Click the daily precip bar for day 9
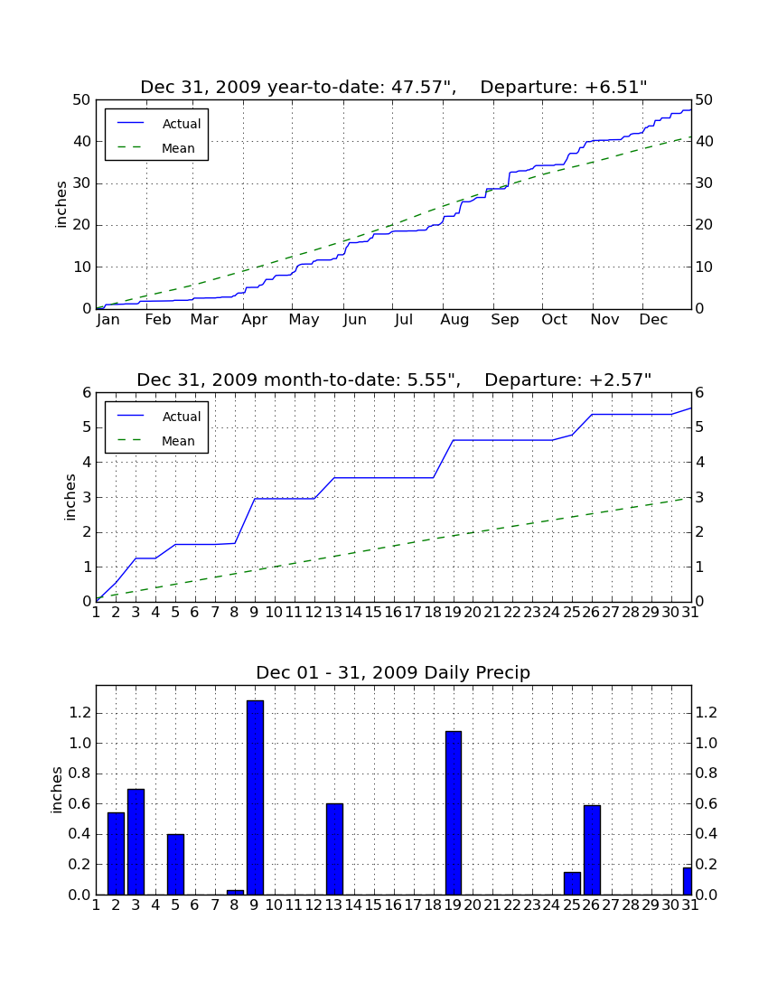click(255, 798)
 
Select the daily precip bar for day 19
click(453, 812)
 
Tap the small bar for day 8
click(235, 892)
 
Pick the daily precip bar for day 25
click(572, 883)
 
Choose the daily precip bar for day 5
click(175, 864)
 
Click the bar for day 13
click(334, 849)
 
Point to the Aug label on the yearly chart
click(454, 320)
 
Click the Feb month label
click(158, 320)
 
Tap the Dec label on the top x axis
click(653, 320)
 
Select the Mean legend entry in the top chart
click(156, 148)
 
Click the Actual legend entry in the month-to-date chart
click(156, 417)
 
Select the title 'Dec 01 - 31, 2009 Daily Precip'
click(393, 672)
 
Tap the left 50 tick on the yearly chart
click(82, 100)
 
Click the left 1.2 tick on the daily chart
click(80, 713)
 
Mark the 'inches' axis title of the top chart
click(61, 204)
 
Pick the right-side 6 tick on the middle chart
click(699, 393)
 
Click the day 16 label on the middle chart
click(393, 613)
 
